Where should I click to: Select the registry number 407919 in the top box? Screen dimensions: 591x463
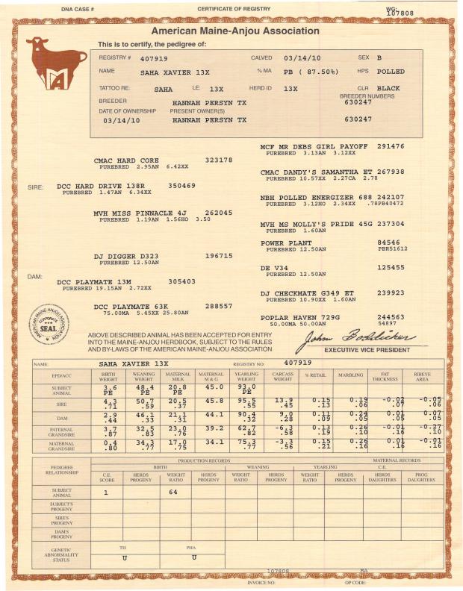(x=154, y=57)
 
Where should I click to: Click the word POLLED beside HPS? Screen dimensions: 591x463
(x=391, y=72)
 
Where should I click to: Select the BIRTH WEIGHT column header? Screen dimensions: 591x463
(x=111, y=376)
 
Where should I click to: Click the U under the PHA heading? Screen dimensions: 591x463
(x=193, y=557)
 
